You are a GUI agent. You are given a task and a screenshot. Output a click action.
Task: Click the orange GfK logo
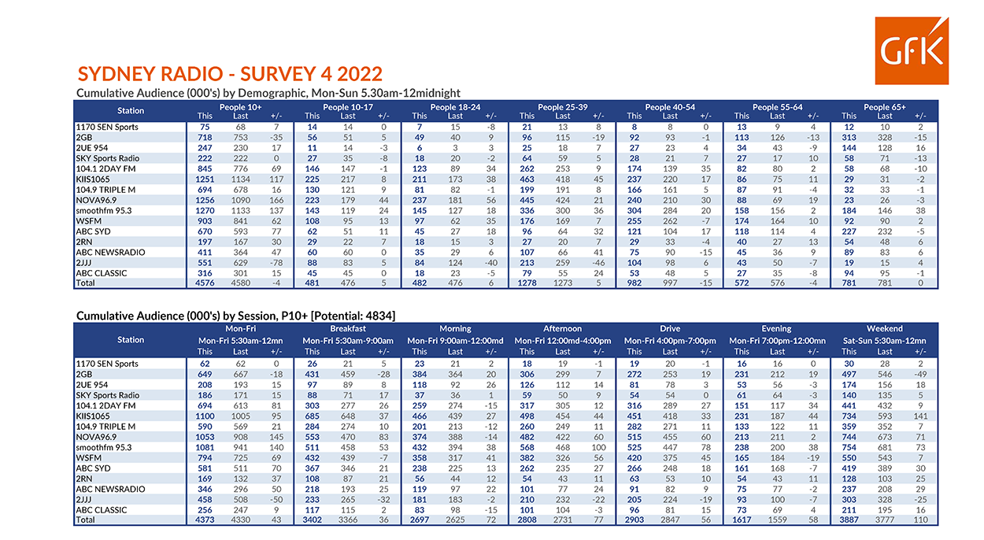click(x=912, y=50)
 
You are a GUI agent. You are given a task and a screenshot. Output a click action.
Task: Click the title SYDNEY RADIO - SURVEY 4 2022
click(x=230, y=74)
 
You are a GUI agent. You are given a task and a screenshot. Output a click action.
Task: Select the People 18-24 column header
click(x=455, y=107)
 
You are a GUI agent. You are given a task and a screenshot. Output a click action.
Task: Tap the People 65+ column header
click(x=884, y=107)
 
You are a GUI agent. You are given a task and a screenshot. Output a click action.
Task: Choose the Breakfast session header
click(x=348, y=328)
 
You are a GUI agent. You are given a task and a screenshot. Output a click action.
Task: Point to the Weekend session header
click(x=884, y=328)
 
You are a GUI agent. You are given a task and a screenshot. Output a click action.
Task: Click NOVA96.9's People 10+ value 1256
click(x=205, y=200)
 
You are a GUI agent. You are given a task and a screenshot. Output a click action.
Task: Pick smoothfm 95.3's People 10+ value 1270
click(x=205, y=210)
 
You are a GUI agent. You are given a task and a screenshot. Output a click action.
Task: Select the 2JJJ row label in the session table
click(x=83, y=500)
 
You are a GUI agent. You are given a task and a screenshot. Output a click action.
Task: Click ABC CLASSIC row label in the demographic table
click(x=102, y=273)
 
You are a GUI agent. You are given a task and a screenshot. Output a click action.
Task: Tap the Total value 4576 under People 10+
click(x=205, y=283)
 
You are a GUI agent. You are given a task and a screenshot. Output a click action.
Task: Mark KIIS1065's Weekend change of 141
click(x=920, y=416)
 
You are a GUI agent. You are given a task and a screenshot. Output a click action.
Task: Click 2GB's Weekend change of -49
click(x=920, y=375)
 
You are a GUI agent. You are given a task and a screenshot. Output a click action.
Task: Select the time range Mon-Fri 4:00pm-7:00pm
click(x=670, y=341)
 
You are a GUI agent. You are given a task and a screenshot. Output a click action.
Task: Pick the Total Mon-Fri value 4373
click(x=205, y=520)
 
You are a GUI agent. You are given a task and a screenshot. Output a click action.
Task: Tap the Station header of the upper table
click(x=131, y=111)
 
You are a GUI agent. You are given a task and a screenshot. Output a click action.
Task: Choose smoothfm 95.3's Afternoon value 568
click(x=527, y=447)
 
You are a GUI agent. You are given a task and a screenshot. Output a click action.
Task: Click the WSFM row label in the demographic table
click(x=88, y=221)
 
